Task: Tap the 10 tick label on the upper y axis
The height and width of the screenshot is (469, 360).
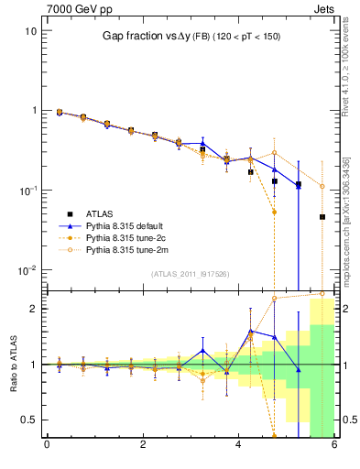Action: click(31, 30)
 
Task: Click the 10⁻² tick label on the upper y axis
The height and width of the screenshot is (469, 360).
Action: click(29, 269)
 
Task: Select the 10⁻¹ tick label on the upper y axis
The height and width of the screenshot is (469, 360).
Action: click(29, 190)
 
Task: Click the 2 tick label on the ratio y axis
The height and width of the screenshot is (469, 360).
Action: click(34, 309)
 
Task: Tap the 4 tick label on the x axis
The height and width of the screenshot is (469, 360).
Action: click(239, 446)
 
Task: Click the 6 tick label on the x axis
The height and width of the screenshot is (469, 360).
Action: click(334, 446)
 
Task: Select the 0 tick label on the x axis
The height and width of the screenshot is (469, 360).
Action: click(47, 446)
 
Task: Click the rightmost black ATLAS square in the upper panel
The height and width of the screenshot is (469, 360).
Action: click(322, 217)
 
